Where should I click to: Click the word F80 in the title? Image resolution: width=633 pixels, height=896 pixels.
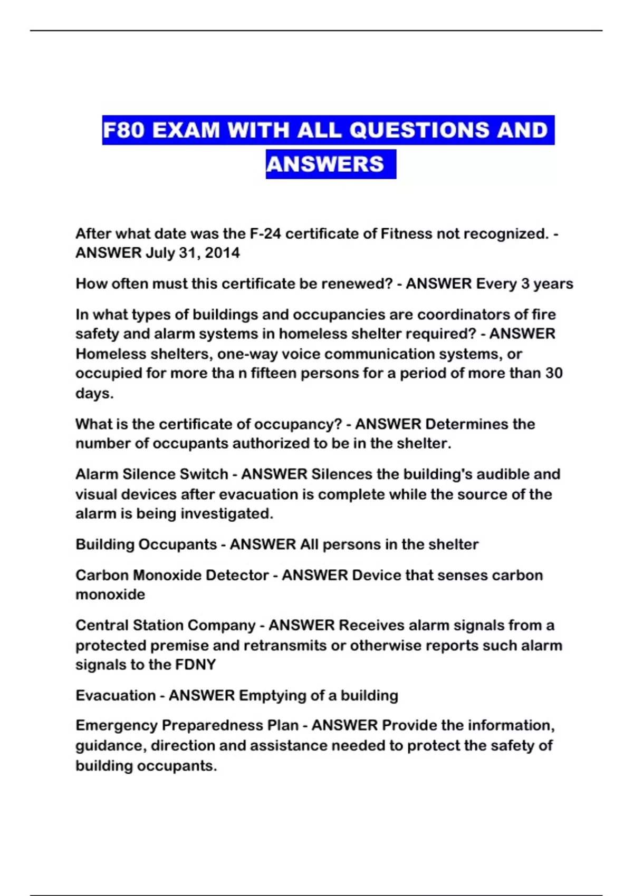point(123,130)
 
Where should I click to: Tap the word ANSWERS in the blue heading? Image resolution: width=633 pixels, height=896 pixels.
point(325,164)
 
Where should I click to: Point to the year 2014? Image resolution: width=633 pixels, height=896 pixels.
point(222,253)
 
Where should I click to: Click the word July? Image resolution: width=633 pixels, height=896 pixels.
point(160,253)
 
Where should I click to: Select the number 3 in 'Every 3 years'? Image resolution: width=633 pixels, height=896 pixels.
point(525,284)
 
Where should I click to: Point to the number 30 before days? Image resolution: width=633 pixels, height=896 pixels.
point(553,374)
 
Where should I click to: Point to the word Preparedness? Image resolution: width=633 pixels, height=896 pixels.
point(230,726)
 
